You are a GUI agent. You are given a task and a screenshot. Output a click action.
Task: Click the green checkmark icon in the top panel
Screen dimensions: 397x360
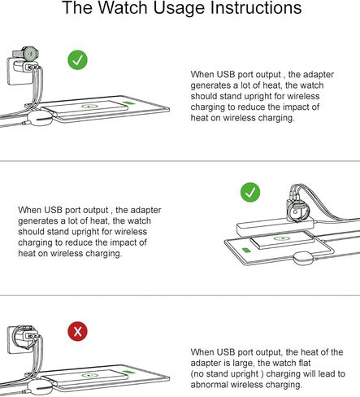[x=78, y=60]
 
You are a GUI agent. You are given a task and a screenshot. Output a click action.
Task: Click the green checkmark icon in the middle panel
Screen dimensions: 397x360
[x=251, y=193]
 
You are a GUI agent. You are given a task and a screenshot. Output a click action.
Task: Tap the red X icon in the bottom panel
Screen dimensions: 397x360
[x=78, y=332]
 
